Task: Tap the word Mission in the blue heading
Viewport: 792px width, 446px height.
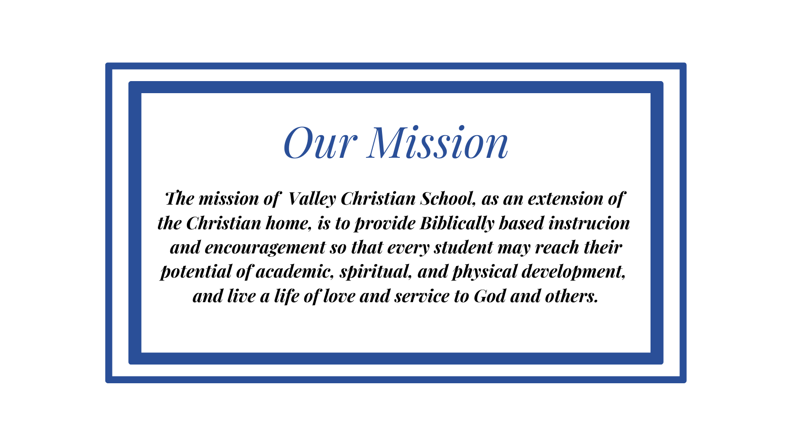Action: coord(438,142)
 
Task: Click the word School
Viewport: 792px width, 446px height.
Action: coord(448,199)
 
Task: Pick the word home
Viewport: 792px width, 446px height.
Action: coord(288,223)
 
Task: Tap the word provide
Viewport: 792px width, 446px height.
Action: coord(385,224)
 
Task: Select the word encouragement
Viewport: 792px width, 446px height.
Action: coord(265,248)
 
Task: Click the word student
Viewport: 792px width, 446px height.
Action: coord(463,248)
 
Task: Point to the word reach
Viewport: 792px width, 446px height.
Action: coord(557,248)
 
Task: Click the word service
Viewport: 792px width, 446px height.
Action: coord(422,296)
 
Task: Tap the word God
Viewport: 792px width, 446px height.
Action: coord(490,296)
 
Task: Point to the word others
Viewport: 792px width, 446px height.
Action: coord(571,296)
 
